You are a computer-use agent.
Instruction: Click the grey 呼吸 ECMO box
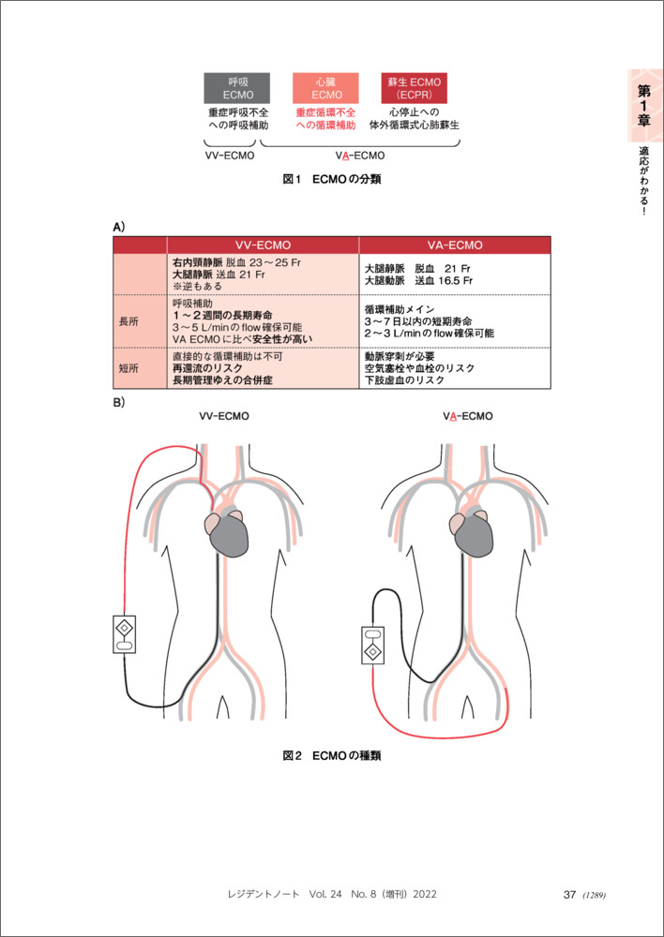(237, 88)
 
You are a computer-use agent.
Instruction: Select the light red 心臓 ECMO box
(326, 88)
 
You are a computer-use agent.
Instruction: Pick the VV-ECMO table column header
(263, 245)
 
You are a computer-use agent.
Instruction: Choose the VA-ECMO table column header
(455, 245)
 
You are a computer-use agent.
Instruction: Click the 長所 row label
(128, 320)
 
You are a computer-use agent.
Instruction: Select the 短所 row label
(128, 369)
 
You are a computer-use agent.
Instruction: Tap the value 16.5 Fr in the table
(452, 280)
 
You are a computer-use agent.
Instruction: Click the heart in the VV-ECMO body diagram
(231, 532)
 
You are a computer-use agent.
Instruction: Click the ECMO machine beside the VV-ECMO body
(125, 633)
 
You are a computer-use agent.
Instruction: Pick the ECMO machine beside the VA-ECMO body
(372, 643)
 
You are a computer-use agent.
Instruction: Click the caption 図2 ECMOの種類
(332, 755)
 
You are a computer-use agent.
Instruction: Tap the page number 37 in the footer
(568, 895)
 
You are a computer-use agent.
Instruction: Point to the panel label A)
(119, 227)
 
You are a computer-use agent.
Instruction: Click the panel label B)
(119, 403)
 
